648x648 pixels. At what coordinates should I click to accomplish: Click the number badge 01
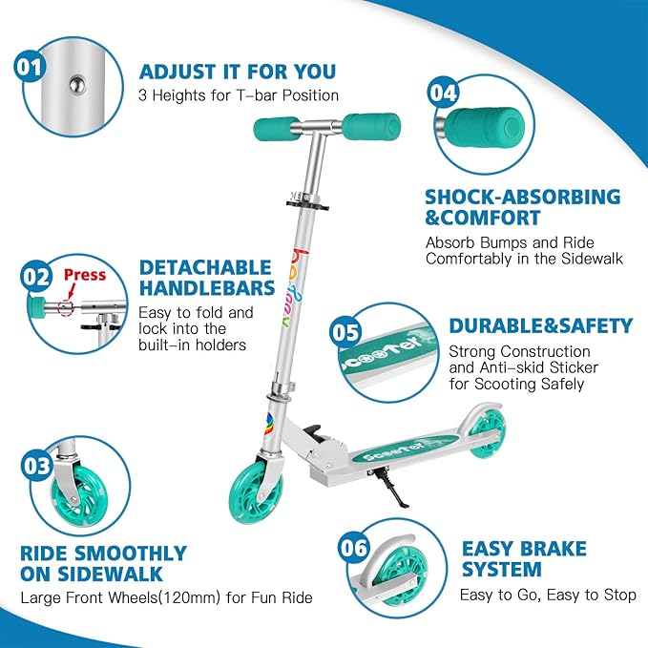(30, 66)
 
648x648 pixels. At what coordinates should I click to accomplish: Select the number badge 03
(36, 466)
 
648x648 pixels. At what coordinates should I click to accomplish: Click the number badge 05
(345, 331)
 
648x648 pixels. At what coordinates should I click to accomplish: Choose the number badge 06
(353, 547)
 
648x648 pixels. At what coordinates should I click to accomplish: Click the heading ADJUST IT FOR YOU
(237, 72)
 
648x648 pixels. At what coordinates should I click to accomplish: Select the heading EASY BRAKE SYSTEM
(524, 559)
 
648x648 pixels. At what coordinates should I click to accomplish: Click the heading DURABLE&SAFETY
(540, 325)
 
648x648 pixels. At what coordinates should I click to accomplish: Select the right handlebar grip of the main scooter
(371, 125)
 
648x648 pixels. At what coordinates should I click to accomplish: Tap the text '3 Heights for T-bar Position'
(239, 95)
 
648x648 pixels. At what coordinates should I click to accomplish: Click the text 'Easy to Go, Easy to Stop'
(549, 596)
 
